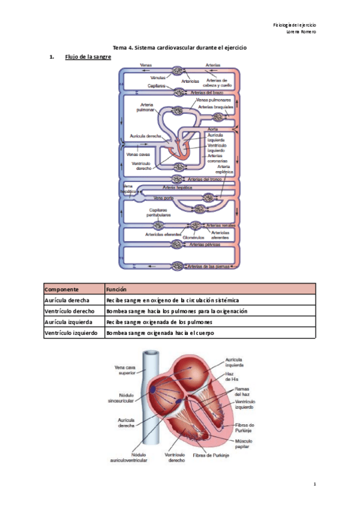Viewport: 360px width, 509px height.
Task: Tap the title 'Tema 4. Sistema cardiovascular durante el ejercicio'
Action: pyautogui.click(x=180, y=47)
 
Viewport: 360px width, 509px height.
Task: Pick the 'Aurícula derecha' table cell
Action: pyautogui.click(x=67, y=300)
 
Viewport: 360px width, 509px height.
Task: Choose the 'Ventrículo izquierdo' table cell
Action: pyautogui.click(x=71, y=333)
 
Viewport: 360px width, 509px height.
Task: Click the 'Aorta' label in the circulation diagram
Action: pyautogui.click(x=212, y=129)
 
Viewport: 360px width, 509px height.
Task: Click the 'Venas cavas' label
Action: pyautogui.click(x=137, y=154)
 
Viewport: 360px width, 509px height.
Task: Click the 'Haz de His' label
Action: pyautogui.click(x=232, y=377)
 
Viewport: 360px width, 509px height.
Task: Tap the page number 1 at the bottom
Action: pyautogui.click(x=314, y=484)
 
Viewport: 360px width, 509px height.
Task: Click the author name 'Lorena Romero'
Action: pyautogui.click(x=302, y=31)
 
